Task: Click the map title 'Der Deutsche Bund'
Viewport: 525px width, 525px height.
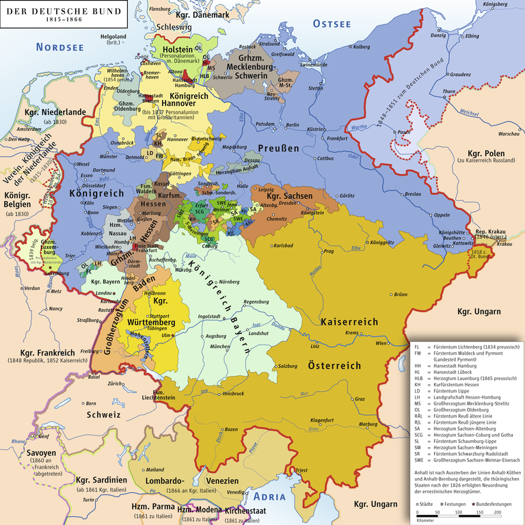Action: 62,12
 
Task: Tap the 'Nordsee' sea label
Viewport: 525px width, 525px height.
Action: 59,47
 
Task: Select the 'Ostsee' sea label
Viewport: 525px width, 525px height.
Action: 332,24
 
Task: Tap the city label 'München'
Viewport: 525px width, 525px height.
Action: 219,347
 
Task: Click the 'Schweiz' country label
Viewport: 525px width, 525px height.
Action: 98,415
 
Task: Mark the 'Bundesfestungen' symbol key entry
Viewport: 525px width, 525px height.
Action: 495,504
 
